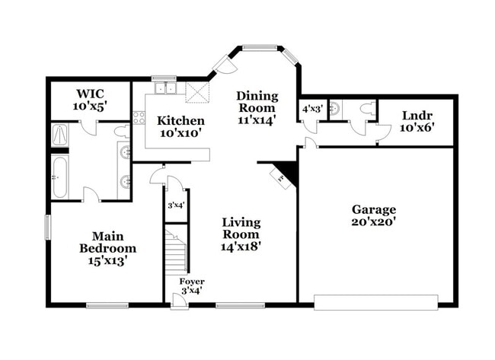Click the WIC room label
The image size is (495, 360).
90,100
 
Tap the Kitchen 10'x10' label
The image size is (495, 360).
180,126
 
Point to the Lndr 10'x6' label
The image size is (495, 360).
417,122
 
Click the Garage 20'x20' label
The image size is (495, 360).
373,215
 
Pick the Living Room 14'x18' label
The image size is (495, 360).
241,234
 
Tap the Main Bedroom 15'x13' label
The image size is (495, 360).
108,247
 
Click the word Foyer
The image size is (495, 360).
191,282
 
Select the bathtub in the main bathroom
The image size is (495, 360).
60,177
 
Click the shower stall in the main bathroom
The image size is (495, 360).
60,136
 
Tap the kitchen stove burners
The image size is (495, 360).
139,117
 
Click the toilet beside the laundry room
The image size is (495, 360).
366,109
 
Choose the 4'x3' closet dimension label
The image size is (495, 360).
311,109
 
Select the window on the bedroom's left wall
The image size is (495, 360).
47,227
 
